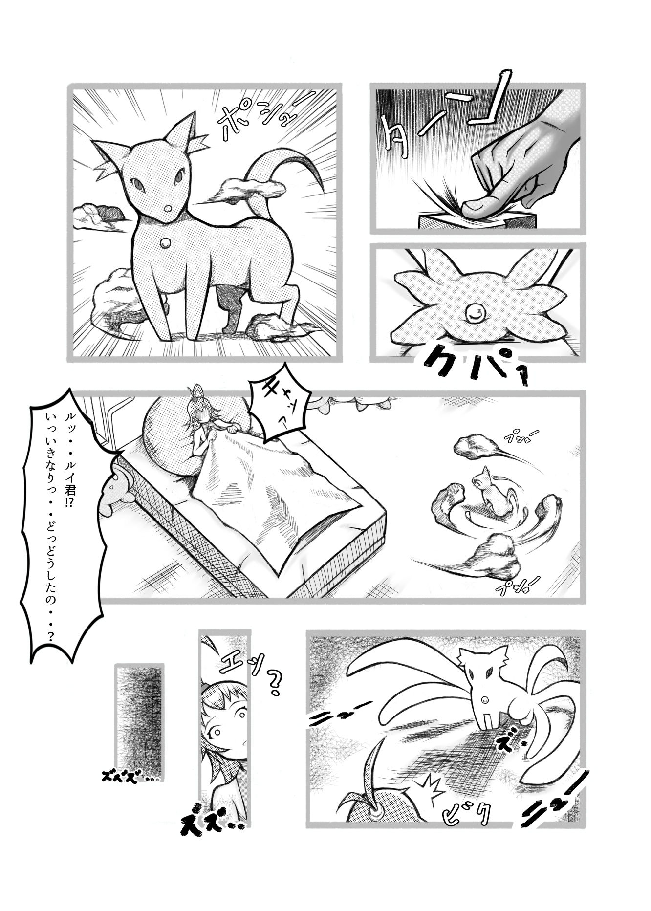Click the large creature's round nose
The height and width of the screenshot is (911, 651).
167,209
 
